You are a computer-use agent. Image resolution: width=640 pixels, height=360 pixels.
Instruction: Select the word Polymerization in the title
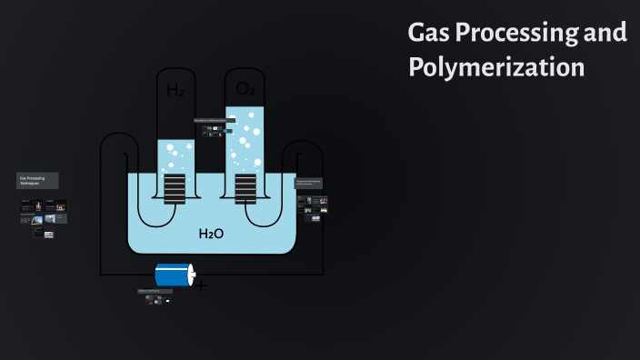(495, 67)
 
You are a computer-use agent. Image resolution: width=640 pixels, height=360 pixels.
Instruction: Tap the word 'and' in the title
(605, 34)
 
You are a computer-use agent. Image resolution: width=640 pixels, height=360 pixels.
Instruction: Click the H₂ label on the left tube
(175, 90)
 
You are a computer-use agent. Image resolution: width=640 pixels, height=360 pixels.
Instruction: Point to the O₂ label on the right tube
(245, 89)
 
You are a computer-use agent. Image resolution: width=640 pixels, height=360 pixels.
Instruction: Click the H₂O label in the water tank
(211, 235)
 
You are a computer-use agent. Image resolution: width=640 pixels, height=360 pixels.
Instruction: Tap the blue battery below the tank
(173, 275)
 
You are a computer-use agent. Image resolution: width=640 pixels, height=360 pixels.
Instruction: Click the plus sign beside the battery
(201, 286)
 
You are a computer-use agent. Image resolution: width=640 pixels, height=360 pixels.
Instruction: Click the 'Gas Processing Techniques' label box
(37, 180)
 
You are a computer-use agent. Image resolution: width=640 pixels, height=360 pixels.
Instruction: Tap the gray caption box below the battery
(155, 291)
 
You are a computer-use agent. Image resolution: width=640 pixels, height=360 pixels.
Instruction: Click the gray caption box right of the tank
(308, 183)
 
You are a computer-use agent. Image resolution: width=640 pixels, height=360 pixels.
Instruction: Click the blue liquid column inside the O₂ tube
(245, 136)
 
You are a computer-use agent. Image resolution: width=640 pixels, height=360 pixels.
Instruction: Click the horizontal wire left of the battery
(127, 275)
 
